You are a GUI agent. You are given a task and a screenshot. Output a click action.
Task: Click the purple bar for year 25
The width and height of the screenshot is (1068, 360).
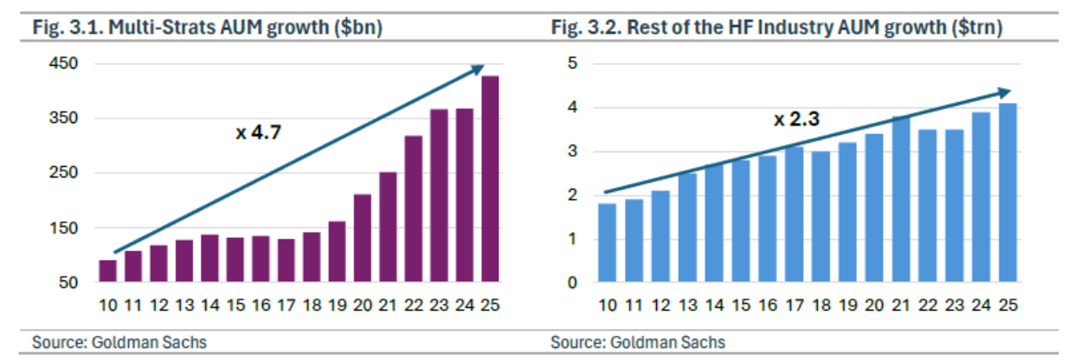click(490, 179)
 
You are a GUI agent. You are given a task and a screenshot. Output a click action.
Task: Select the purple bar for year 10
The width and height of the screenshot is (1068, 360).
click(108, 271)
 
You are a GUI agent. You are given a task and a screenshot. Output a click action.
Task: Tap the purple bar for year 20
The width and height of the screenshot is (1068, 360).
click(363, 238)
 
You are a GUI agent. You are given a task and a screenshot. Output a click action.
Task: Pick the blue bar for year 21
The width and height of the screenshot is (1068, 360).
click(901, 199)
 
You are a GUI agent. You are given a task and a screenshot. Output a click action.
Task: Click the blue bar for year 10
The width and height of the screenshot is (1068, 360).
click(607, 242)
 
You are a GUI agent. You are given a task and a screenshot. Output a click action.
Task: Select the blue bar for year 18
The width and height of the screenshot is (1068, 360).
click(820, 216)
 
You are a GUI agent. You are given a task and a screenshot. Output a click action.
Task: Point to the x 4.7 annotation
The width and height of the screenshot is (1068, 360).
click(259, 132)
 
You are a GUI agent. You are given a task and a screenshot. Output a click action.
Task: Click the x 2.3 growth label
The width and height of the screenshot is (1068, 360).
click(796, 119)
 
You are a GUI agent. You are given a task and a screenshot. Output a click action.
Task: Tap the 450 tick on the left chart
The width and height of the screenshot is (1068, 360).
click(63, 63)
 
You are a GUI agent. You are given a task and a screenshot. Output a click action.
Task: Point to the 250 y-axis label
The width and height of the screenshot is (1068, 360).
click(63, 172)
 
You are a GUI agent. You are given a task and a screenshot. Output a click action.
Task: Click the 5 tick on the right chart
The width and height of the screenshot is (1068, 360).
click(572, 63)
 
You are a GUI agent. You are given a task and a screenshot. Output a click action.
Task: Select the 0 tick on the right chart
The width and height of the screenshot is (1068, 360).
click(572, 282)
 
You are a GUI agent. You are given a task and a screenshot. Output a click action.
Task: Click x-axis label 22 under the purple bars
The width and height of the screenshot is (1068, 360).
click(414, 305)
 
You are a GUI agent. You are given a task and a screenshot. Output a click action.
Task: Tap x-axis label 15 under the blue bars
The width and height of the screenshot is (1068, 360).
click(741, 305)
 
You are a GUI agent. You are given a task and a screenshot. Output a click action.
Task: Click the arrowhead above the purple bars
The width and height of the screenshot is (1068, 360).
click(478, 69)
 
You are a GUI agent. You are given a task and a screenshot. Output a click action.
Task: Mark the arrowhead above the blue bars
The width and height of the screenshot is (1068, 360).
click(1004, 93)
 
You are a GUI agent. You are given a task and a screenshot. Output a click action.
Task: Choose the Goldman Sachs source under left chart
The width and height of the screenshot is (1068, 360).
click(149, 343)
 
